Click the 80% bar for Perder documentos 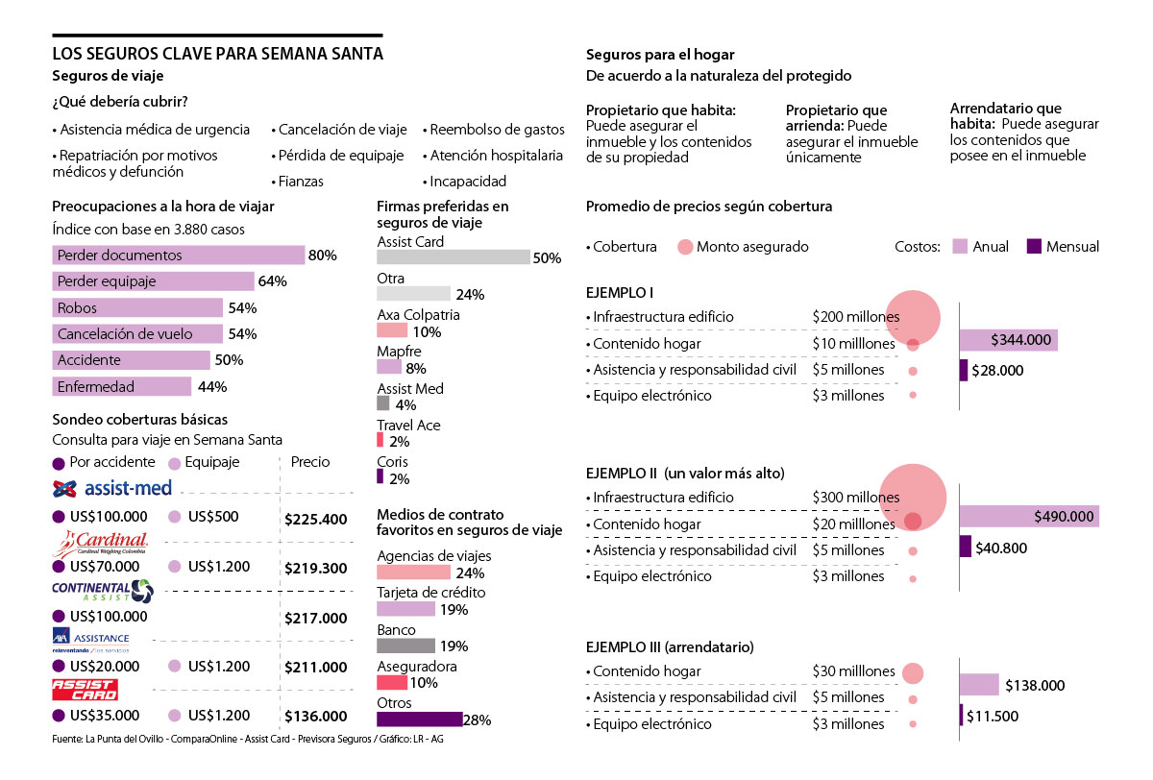(178, 256)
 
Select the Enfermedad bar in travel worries (121, 387)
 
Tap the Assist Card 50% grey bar (453, 257)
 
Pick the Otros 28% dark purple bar (420, 719)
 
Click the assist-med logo (112, 488)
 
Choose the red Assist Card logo (85, 690)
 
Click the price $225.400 (315, 520)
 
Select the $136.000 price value (315, 717)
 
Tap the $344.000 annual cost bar (1008, 340)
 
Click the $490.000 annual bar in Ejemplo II (1029, 517)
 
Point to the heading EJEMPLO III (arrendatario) (670, 646)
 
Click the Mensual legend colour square (1034, 247)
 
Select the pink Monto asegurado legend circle (685, 247)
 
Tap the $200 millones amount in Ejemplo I (855, 317)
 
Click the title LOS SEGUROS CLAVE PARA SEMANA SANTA (217, 55)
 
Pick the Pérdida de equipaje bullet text (339, 156)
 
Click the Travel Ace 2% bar (380, 441)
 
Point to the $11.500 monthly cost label (993, 717)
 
